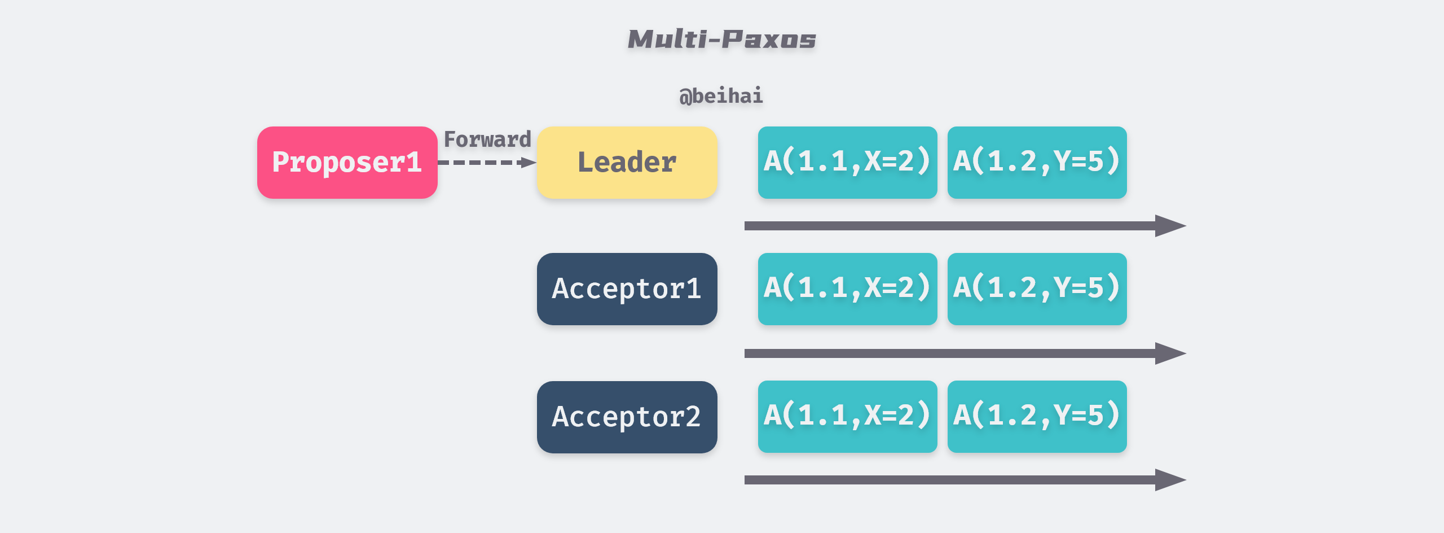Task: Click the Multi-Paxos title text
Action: (721, 40)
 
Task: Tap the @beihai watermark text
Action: (721, 96)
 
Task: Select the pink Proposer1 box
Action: (347, 163)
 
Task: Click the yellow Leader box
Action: (627, 163)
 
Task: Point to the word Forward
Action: (487, 139)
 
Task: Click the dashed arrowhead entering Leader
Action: (529, 163)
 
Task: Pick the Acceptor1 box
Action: (627, 289)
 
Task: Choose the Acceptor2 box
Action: (627, 417)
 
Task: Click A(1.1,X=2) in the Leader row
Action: (847, 163)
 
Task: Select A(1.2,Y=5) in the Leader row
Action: (1037, 163)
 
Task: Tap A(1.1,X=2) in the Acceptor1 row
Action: (847, 289)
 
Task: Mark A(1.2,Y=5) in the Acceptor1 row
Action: (1037, 289)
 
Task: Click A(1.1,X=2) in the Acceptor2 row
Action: (847, 417)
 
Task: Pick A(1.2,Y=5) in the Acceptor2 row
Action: (1037, 417)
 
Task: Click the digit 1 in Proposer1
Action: (413, 163)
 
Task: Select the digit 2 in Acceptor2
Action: (693, 417)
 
